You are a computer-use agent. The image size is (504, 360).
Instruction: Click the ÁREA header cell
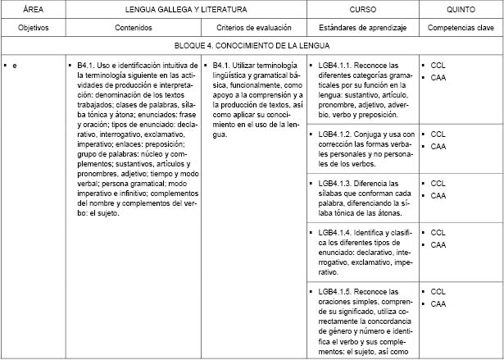(33, 9)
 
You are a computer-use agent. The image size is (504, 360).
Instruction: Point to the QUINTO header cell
(461, 9)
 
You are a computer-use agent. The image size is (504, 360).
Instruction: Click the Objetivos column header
(33, 27)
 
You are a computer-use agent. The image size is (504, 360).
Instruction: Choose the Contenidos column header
(134, 27)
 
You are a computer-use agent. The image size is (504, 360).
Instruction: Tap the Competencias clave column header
(461, 27)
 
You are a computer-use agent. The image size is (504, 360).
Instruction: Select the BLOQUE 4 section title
(252, 46)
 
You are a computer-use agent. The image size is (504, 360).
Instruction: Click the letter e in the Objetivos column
(15, 65)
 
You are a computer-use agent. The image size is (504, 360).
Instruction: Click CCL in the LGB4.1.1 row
(438, 65)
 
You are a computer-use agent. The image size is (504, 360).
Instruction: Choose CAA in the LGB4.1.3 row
(438, 196)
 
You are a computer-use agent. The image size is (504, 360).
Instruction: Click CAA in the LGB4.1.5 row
(438, 304)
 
